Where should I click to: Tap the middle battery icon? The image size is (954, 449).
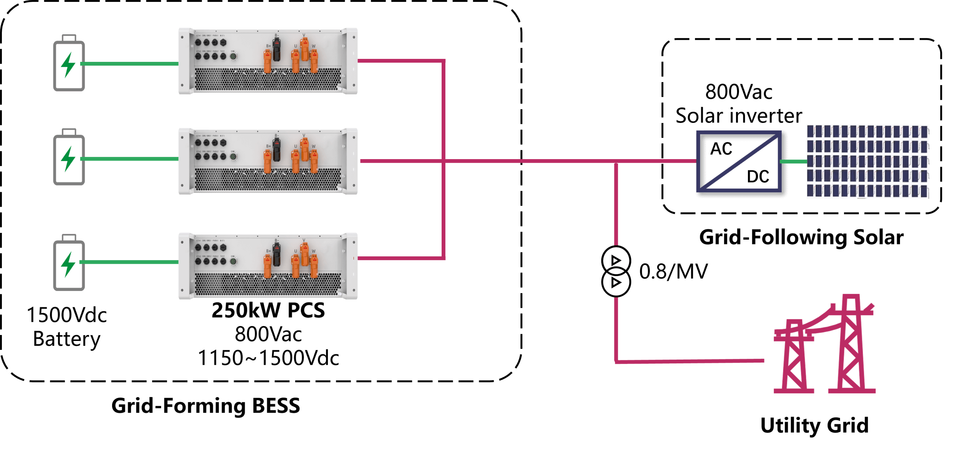tap(69, 157)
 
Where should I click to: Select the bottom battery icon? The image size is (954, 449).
tap(69, 262)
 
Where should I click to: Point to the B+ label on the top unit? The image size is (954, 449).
tap(268, 46)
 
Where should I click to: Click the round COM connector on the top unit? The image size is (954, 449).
tap(233, 57)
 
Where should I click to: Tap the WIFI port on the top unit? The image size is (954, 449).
tap(223, 42)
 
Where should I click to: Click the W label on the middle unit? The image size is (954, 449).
tap(314, 146)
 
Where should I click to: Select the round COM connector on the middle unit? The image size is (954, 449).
tap(233, 157)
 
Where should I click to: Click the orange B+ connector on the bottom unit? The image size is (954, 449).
tap(268, 266)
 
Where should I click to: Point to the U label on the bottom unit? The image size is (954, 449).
tap(296, 251)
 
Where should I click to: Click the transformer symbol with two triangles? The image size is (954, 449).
tap(616, 271)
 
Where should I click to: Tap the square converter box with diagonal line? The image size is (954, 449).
tap(739, 161)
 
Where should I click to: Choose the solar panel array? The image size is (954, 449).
tap(868, 161)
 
